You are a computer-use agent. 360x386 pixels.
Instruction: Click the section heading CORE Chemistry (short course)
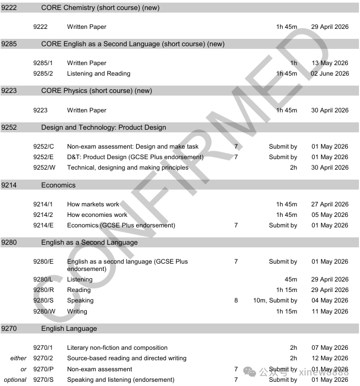(x=100, y=8)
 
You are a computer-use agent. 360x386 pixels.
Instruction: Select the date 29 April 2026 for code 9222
(x=330, y=27)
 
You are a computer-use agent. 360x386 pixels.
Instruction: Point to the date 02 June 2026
(x=330, y=74)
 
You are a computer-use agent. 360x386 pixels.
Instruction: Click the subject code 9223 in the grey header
(x=9, y=91)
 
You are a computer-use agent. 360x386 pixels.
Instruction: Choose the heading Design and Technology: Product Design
(x=104, y=128)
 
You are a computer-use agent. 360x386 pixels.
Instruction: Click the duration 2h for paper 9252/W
(x=293, y=168)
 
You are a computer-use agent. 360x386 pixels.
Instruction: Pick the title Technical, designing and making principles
(x=128, y=168)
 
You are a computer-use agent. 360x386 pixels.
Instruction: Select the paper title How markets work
(x=94, y=204)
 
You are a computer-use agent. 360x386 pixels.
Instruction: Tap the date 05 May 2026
(x=330, y=215)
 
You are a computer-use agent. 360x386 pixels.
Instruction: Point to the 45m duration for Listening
(x=291, y=279)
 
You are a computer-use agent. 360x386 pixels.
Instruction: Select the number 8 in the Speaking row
(x=236, y=300)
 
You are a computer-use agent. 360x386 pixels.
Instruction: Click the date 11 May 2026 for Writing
(x=330, y=311)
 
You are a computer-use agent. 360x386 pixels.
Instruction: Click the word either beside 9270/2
(x=18, y=358)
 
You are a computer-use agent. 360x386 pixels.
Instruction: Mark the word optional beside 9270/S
(x=15, y=380)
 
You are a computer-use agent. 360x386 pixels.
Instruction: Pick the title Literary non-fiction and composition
(x=117, y=348)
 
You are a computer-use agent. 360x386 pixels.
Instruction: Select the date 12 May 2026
(x=330, y=358)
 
